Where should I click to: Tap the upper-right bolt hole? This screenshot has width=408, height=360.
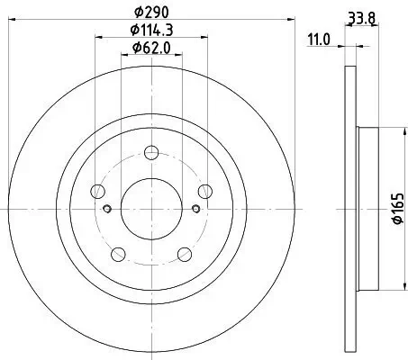[x=205, y=190]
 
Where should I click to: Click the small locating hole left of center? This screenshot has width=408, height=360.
[x=108, y=211]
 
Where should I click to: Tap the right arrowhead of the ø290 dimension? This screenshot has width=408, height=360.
[x=281, y=22]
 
